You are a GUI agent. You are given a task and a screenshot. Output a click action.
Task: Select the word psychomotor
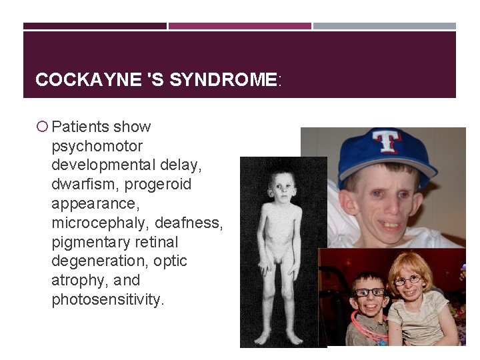tap(97, 146)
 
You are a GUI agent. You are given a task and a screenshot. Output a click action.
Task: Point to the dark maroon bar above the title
tap(95, 26)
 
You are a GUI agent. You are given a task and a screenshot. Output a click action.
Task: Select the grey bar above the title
tap(385, 26)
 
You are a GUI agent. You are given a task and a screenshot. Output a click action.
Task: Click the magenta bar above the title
tap(239, 26)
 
